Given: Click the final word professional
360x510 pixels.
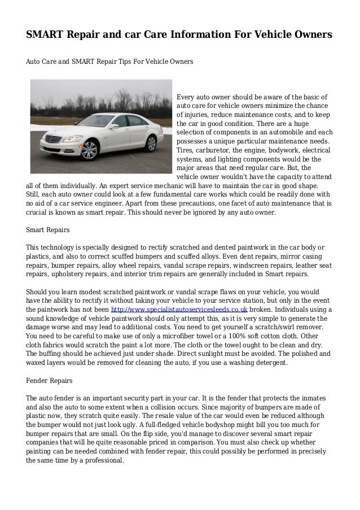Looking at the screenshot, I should [103, 459].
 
